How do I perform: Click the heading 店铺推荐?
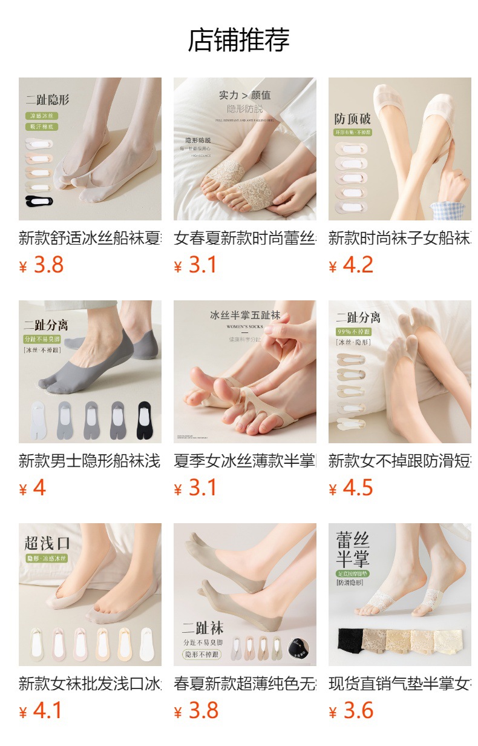[x=239, y=40]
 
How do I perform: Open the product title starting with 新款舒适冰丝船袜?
[x=90, y=238]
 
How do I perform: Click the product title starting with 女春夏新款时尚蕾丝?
[x=244, y=238]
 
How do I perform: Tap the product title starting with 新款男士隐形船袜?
[x=90, y=461]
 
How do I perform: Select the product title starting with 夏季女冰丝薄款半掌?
[x=244, y=461]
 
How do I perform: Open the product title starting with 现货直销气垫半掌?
[x=399, y=684]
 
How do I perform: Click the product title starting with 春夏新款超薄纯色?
[x=244, y=684]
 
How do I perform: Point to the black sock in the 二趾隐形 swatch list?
[x=39, y=200]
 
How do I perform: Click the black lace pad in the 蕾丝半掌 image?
[x=349, y=639]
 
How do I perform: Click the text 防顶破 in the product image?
[x=353, y=119]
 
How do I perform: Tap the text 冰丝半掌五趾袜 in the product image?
[x=245, y=315]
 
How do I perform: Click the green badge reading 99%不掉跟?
[x=354, y=332]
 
